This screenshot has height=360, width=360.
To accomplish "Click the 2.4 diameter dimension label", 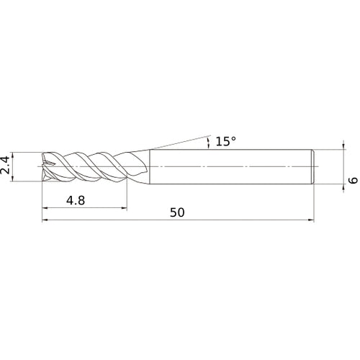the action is click(x=5, y=165).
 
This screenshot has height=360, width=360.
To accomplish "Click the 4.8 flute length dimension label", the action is click(x=76, y=200).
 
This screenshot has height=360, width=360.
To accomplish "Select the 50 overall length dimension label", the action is click(x=177, y=212).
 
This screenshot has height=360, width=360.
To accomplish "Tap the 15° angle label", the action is click(x=226, y=141).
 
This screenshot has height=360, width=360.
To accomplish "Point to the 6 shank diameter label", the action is click(x=353, y=181).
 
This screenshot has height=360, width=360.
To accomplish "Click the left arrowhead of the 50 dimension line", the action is click(x=45, y=220).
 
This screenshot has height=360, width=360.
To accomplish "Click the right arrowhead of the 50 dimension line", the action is click(x=311, y=220).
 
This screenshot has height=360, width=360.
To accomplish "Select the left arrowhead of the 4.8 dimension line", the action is click(x=45, y=208).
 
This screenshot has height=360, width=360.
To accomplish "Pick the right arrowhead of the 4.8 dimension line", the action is click(x=124, y=208).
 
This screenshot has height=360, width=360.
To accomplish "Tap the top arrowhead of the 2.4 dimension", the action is click(x=13, y=155).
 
